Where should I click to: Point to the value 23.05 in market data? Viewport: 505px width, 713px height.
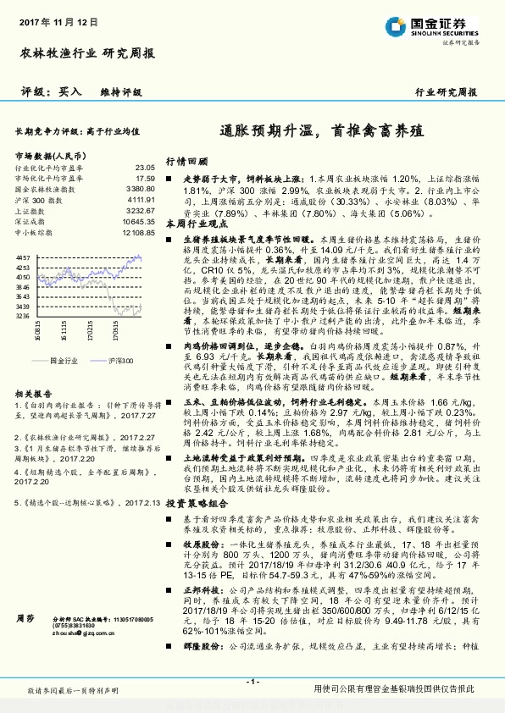pos(145,169)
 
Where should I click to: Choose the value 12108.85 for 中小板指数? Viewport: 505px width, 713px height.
pos(137,231)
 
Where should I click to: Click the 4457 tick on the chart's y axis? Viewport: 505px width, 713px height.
pos(23,257)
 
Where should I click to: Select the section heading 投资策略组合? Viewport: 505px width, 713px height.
pos(197,501)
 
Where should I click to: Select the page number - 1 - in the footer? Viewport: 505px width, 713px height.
pos(252,680)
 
